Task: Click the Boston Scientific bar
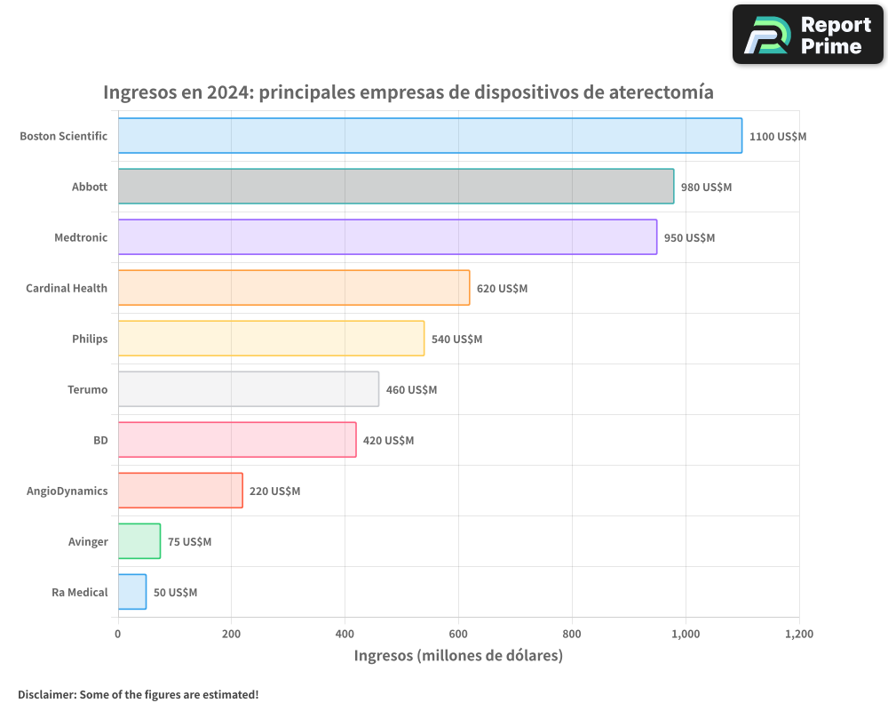click(x=430, y=136)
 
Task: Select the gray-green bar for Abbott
click(x=396, y=187)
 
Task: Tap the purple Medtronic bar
click(x=387, y=237)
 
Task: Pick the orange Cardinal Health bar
click(x=294, y=288)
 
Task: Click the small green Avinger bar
click(x=139, y=541)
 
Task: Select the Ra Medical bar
click(x=132, y=592)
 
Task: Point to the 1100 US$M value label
click(x=778, y=137)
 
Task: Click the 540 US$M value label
click(x=456, y=340)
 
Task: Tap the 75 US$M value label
click(x=189, y=542)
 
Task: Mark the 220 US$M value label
click(x=274, y=491)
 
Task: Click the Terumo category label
click(x=87, y=389)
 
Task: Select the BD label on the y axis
click(x=100, y=440)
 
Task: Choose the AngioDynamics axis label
click(x=67, y=491)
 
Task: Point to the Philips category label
click(x=90, y=339)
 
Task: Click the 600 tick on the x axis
click(x=458, y=634)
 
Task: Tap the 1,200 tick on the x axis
click(x=799, y=634)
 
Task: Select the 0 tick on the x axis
click(x=118, y=634)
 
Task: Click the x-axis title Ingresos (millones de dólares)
click(x=458, y=656)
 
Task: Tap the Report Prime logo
click(x=807, y=35)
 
